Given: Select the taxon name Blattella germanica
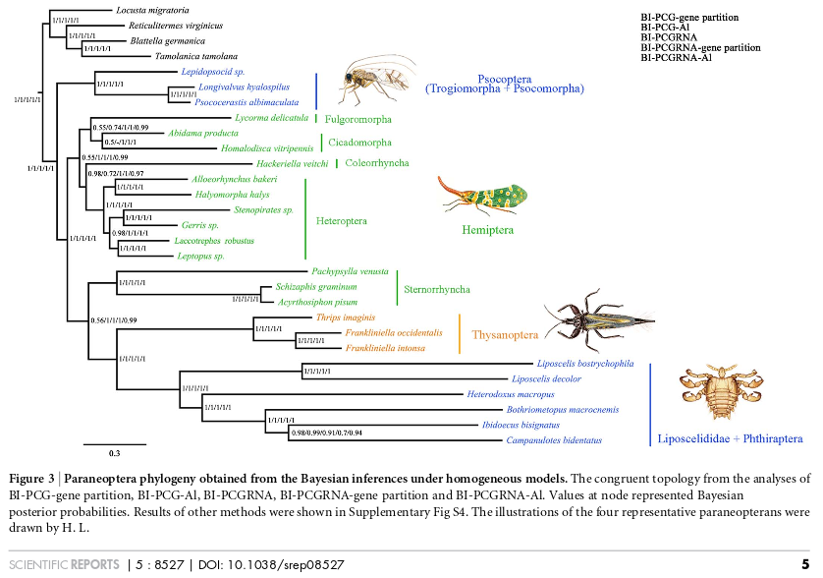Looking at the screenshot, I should point(168,41).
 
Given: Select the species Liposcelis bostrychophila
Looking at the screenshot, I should point(585,364).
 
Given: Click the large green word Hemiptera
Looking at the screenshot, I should point(488,230).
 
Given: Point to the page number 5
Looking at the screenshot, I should point(805,564).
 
